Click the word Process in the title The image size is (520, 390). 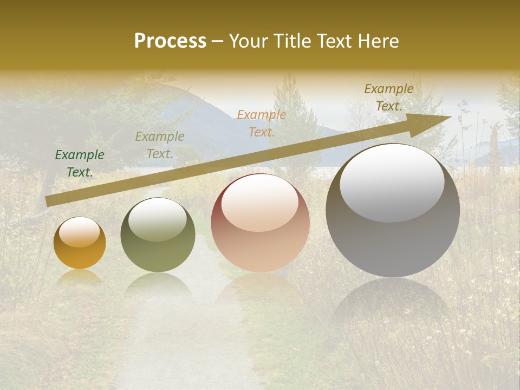click(170, 41)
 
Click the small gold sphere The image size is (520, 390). click(80, 244)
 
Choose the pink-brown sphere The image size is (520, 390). click(260, 223)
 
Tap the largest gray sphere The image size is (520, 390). click(393, 211)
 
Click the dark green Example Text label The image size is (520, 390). click(80, 164)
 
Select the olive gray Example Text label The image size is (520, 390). click(160, 145)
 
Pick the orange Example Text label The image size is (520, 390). click(262, 123)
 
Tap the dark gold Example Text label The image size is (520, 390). click(389, 97)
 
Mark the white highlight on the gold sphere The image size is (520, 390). click(79, 232)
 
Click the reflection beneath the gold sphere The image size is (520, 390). click(80, 277)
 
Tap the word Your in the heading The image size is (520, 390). click(248, 41)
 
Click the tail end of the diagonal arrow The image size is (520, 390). click(49, 201)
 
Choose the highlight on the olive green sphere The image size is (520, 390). click(158, 219)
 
